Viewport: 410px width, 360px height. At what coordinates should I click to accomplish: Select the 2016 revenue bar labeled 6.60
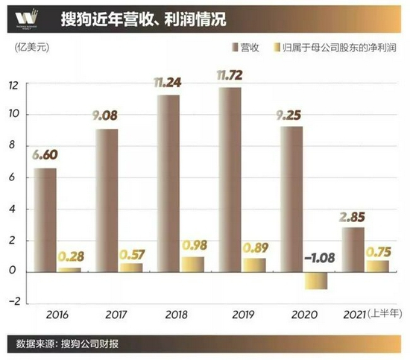point(45,219)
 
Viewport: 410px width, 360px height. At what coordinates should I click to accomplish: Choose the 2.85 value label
point(353,217)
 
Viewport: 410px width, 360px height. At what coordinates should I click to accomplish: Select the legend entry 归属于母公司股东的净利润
point(338,48)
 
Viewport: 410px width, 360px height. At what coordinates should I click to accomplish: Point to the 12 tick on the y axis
point(14,84)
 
